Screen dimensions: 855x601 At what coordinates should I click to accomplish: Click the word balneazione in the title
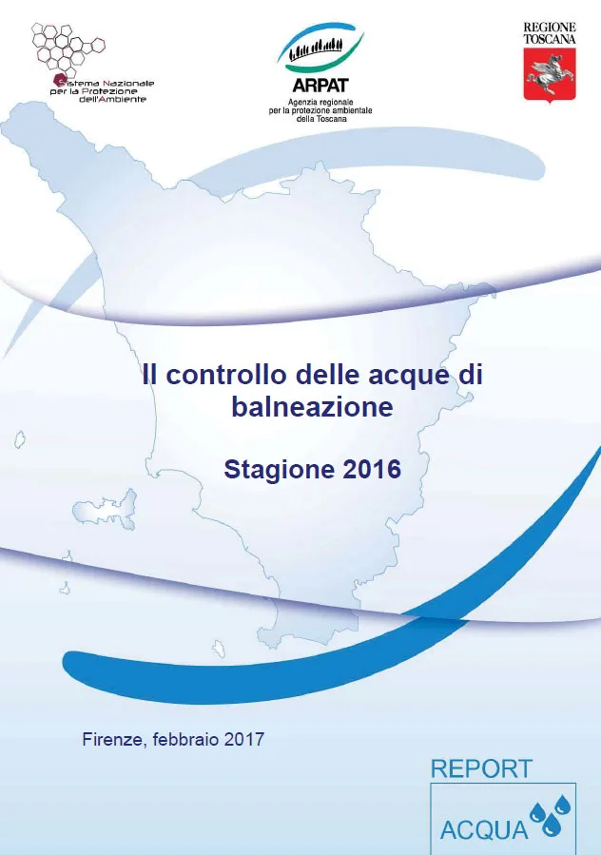312,407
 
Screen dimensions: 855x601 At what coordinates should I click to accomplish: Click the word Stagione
269,470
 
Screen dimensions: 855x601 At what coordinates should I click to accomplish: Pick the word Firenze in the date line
111,739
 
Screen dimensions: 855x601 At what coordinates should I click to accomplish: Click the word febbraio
186,739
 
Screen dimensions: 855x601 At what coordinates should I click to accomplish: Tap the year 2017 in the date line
244,739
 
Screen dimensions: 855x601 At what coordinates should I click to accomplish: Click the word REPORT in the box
481,768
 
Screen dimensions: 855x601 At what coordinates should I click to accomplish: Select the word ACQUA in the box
484,829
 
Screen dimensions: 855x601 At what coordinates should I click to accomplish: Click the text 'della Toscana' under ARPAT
320,119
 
